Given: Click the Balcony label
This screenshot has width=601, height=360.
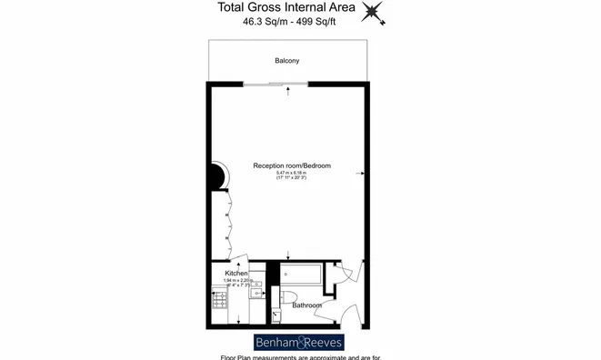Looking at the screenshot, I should tap(287, 61).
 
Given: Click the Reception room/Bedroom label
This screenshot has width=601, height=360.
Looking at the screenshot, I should tap(292, 165).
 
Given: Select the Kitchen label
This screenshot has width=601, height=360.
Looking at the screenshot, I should tap(236, 273).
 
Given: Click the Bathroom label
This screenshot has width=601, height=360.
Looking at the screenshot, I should tap(306, 305).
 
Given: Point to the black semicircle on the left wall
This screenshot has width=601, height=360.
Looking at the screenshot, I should tap(219, 175).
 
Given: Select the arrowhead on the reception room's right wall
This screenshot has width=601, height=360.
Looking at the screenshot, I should tap(363, 172).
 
